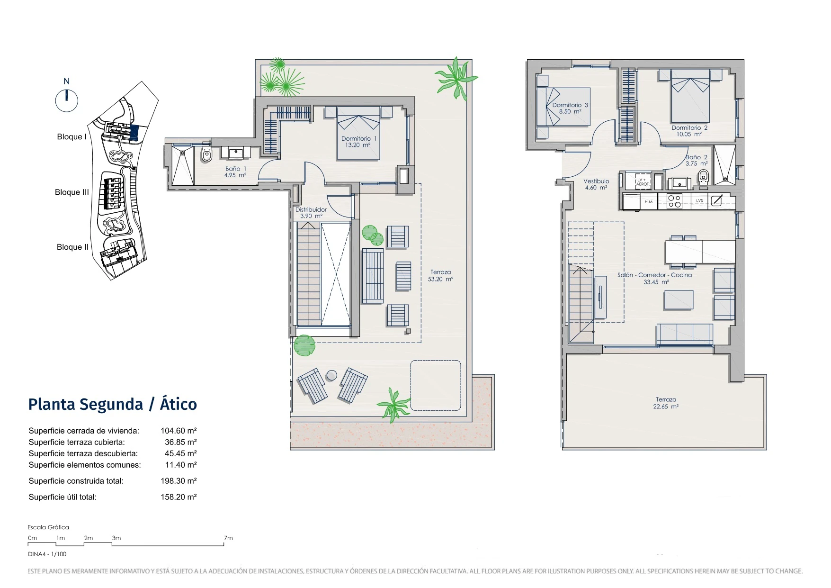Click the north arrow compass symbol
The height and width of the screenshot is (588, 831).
pos(67,100)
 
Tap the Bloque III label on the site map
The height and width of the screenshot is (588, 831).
pos(72,192)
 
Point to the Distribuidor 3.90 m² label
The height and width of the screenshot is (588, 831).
pos(311,213)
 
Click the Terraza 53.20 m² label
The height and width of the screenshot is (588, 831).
pos(440,276)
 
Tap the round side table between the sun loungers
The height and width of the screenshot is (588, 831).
pos(332,375)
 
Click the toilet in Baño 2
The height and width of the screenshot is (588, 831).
pos(704,176)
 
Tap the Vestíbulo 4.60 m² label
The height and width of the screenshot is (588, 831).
pos(596,184)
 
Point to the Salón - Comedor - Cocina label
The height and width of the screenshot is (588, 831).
pos(654,275)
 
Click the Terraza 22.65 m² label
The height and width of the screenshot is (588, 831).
pos(666,403)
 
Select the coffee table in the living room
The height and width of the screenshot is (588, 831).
pos(679,300)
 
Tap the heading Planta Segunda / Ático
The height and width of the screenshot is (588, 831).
pos(113,404)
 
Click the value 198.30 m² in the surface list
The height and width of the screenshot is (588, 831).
pos(179,481)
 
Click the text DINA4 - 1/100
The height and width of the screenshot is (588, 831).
pos(47,554)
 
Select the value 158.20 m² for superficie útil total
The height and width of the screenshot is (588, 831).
pos(179,497)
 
